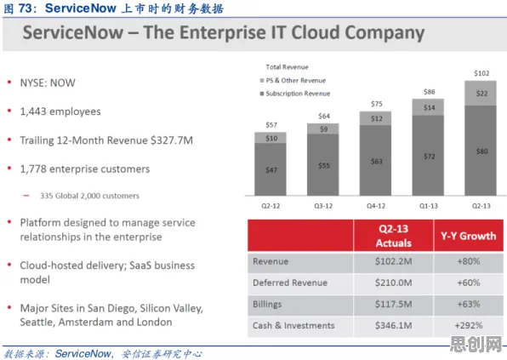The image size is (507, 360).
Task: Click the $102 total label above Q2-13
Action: [481, 73]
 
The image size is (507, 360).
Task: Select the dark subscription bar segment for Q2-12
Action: [271, 169]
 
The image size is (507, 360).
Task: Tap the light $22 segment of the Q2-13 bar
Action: [481, 93]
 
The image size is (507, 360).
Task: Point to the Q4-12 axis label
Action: [376, 206]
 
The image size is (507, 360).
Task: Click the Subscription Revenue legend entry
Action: [295, 94]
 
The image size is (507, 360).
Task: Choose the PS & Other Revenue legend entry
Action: [293, 80]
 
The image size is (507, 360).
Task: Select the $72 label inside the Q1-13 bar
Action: [429, 157]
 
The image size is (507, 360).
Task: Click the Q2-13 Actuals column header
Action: [394, 236]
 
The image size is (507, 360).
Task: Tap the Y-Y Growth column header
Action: [468, 236]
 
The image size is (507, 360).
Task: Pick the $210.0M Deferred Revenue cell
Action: [394, 283]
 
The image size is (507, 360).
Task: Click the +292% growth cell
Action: [469, 325]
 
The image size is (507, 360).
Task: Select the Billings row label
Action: [267, 305]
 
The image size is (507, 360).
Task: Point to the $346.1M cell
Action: [394, 325]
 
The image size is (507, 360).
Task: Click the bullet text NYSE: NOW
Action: [48, 83]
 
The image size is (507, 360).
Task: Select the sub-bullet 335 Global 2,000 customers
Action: [89, 196]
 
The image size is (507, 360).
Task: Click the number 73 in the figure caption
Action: [25, 9]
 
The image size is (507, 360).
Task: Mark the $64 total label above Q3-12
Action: [324, 116]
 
